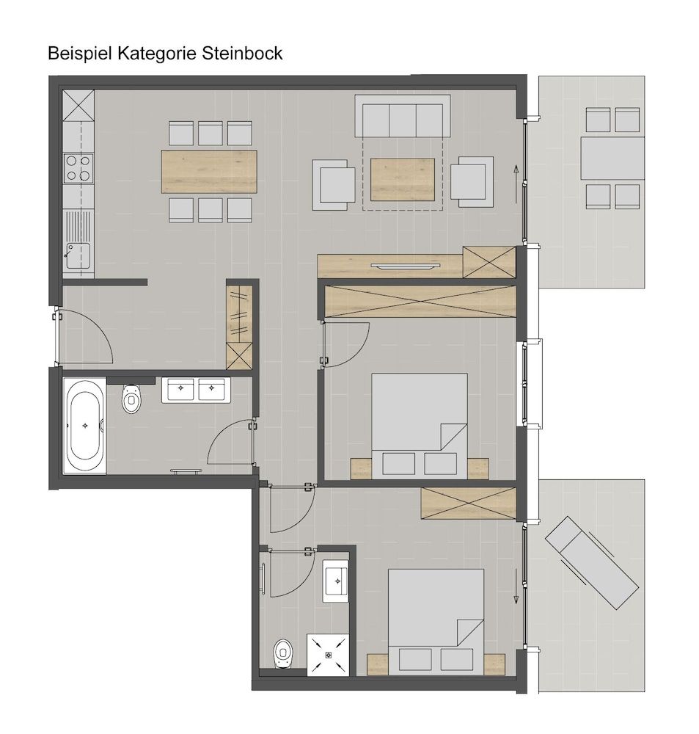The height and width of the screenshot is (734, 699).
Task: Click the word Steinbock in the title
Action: pos(242,54)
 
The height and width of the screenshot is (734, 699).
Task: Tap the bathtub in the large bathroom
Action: pos(84,426)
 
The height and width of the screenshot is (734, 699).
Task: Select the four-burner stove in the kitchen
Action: pos(78,168)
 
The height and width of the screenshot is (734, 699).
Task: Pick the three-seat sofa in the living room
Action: pos(403,116)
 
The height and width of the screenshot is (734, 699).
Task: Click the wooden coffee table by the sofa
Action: pos(403,179)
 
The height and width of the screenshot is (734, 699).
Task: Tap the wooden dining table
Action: pos(209,171)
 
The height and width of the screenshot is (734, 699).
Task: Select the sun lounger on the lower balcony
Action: pos(592,563)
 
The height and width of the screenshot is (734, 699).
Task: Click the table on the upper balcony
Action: pos(613,159)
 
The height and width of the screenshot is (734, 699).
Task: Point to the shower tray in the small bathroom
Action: pos(328,655)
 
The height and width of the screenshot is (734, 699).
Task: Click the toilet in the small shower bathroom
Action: pos(282,653)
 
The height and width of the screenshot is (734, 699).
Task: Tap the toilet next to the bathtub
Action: pos(131,399)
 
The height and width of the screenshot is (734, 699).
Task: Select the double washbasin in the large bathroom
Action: pos(196,390)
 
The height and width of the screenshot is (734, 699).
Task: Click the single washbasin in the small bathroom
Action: pos(336,581)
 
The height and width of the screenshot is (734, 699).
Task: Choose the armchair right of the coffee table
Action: pos(472,181)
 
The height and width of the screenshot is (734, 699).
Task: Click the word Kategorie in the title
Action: pos(158,54)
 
